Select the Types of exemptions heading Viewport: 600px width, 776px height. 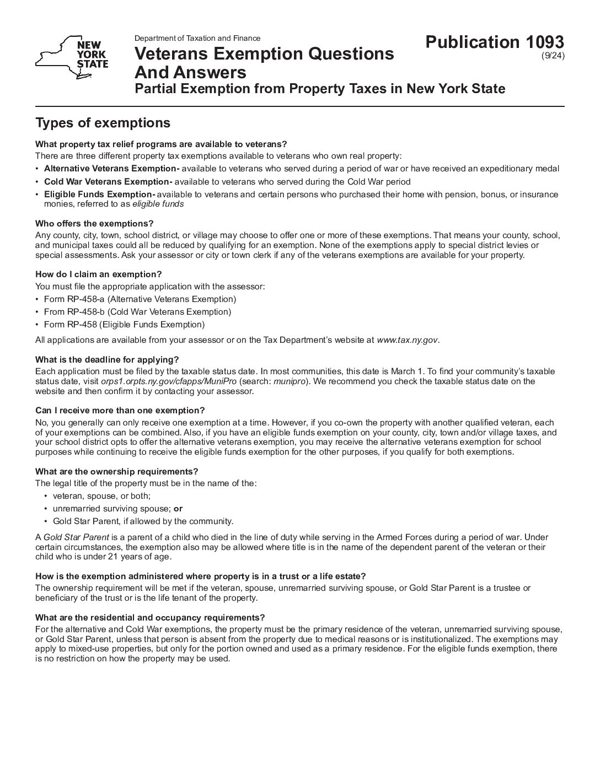coord(103,122)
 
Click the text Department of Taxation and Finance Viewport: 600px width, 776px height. coord(197,38)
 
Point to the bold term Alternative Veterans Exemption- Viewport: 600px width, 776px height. coord(111,169)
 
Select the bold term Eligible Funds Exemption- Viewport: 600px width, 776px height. coord(99,194)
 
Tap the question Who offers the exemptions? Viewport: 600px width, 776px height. coord(94,223)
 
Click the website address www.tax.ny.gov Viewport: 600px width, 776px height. coord(408,339)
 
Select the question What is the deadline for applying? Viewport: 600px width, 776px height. coord(107,360)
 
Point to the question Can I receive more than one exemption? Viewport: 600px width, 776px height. coord(120,411)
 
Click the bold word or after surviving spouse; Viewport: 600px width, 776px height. coord(178,509)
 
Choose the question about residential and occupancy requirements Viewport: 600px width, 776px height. coord(150,617)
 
